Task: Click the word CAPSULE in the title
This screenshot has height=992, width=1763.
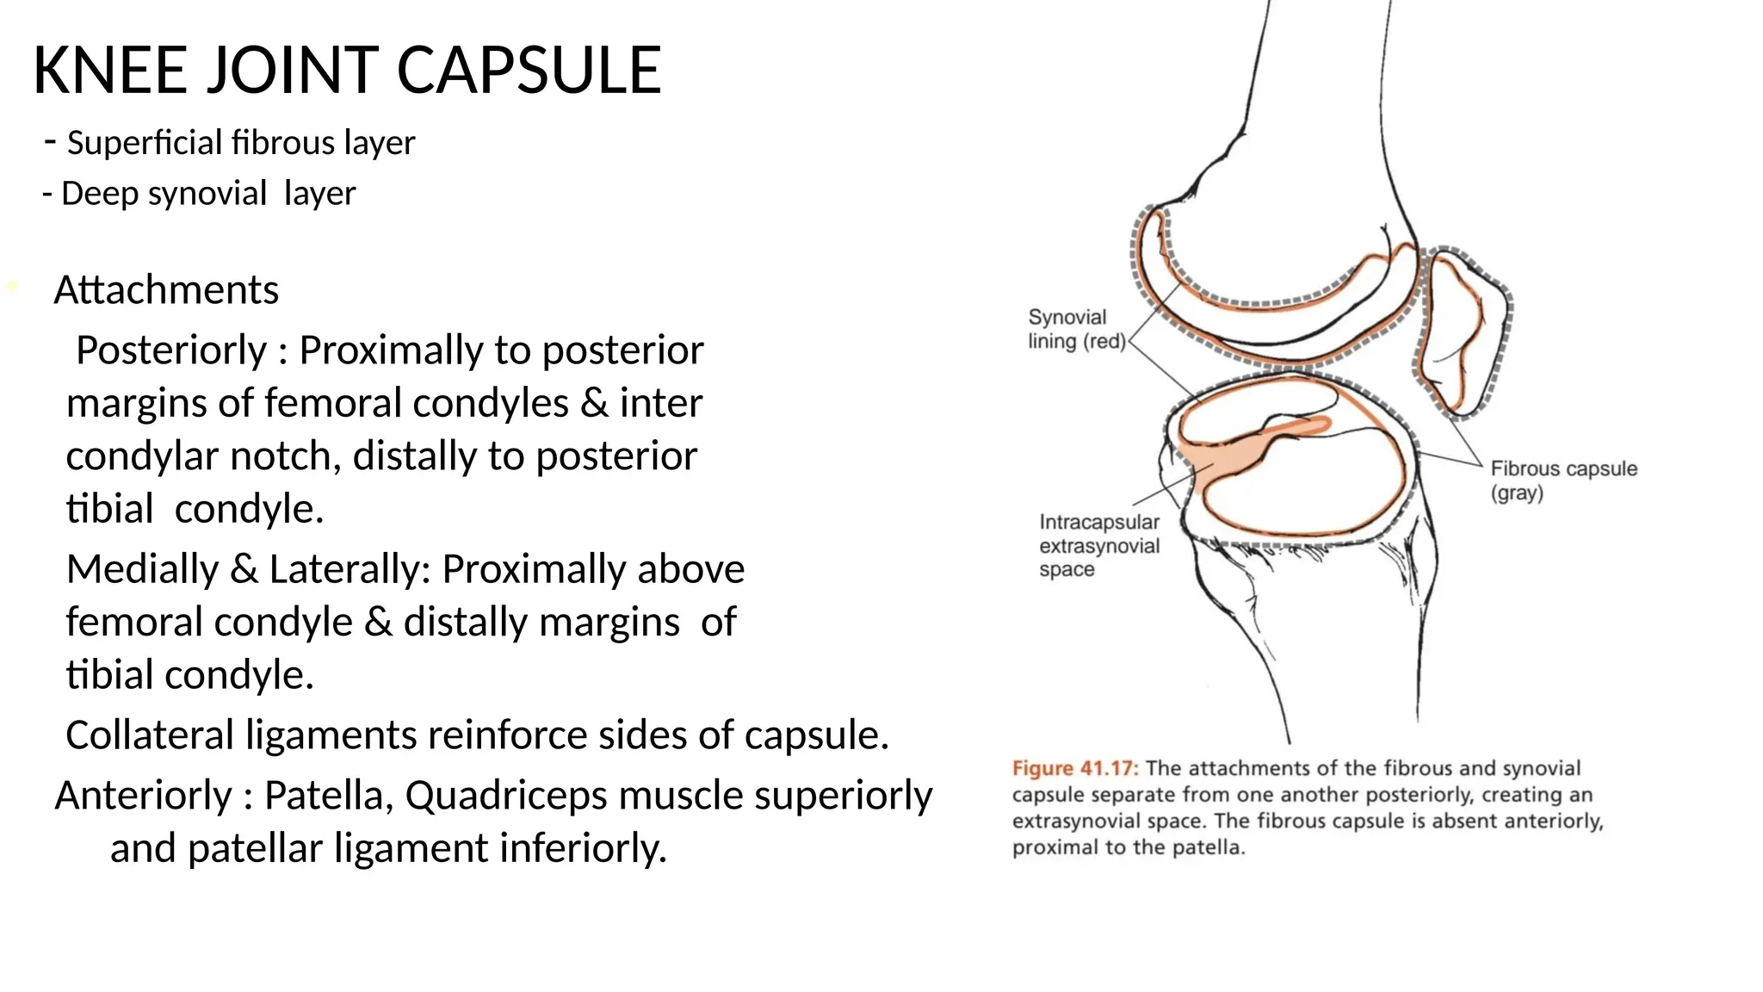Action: coord(529,71)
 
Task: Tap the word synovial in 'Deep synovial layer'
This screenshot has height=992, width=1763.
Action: coord(207,194)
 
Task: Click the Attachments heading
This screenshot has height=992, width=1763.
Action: coord(166,290)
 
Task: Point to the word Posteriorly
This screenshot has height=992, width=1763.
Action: coord(171,350)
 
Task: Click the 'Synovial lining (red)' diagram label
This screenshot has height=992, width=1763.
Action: coord(1076,330)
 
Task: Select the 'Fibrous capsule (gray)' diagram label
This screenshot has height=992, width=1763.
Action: coord(1563,480)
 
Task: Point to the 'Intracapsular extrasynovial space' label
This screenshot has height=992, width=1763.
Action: coord(1099,546)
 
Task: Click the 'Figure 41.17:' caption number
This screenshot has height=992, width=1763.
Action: coord(1075,768)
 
